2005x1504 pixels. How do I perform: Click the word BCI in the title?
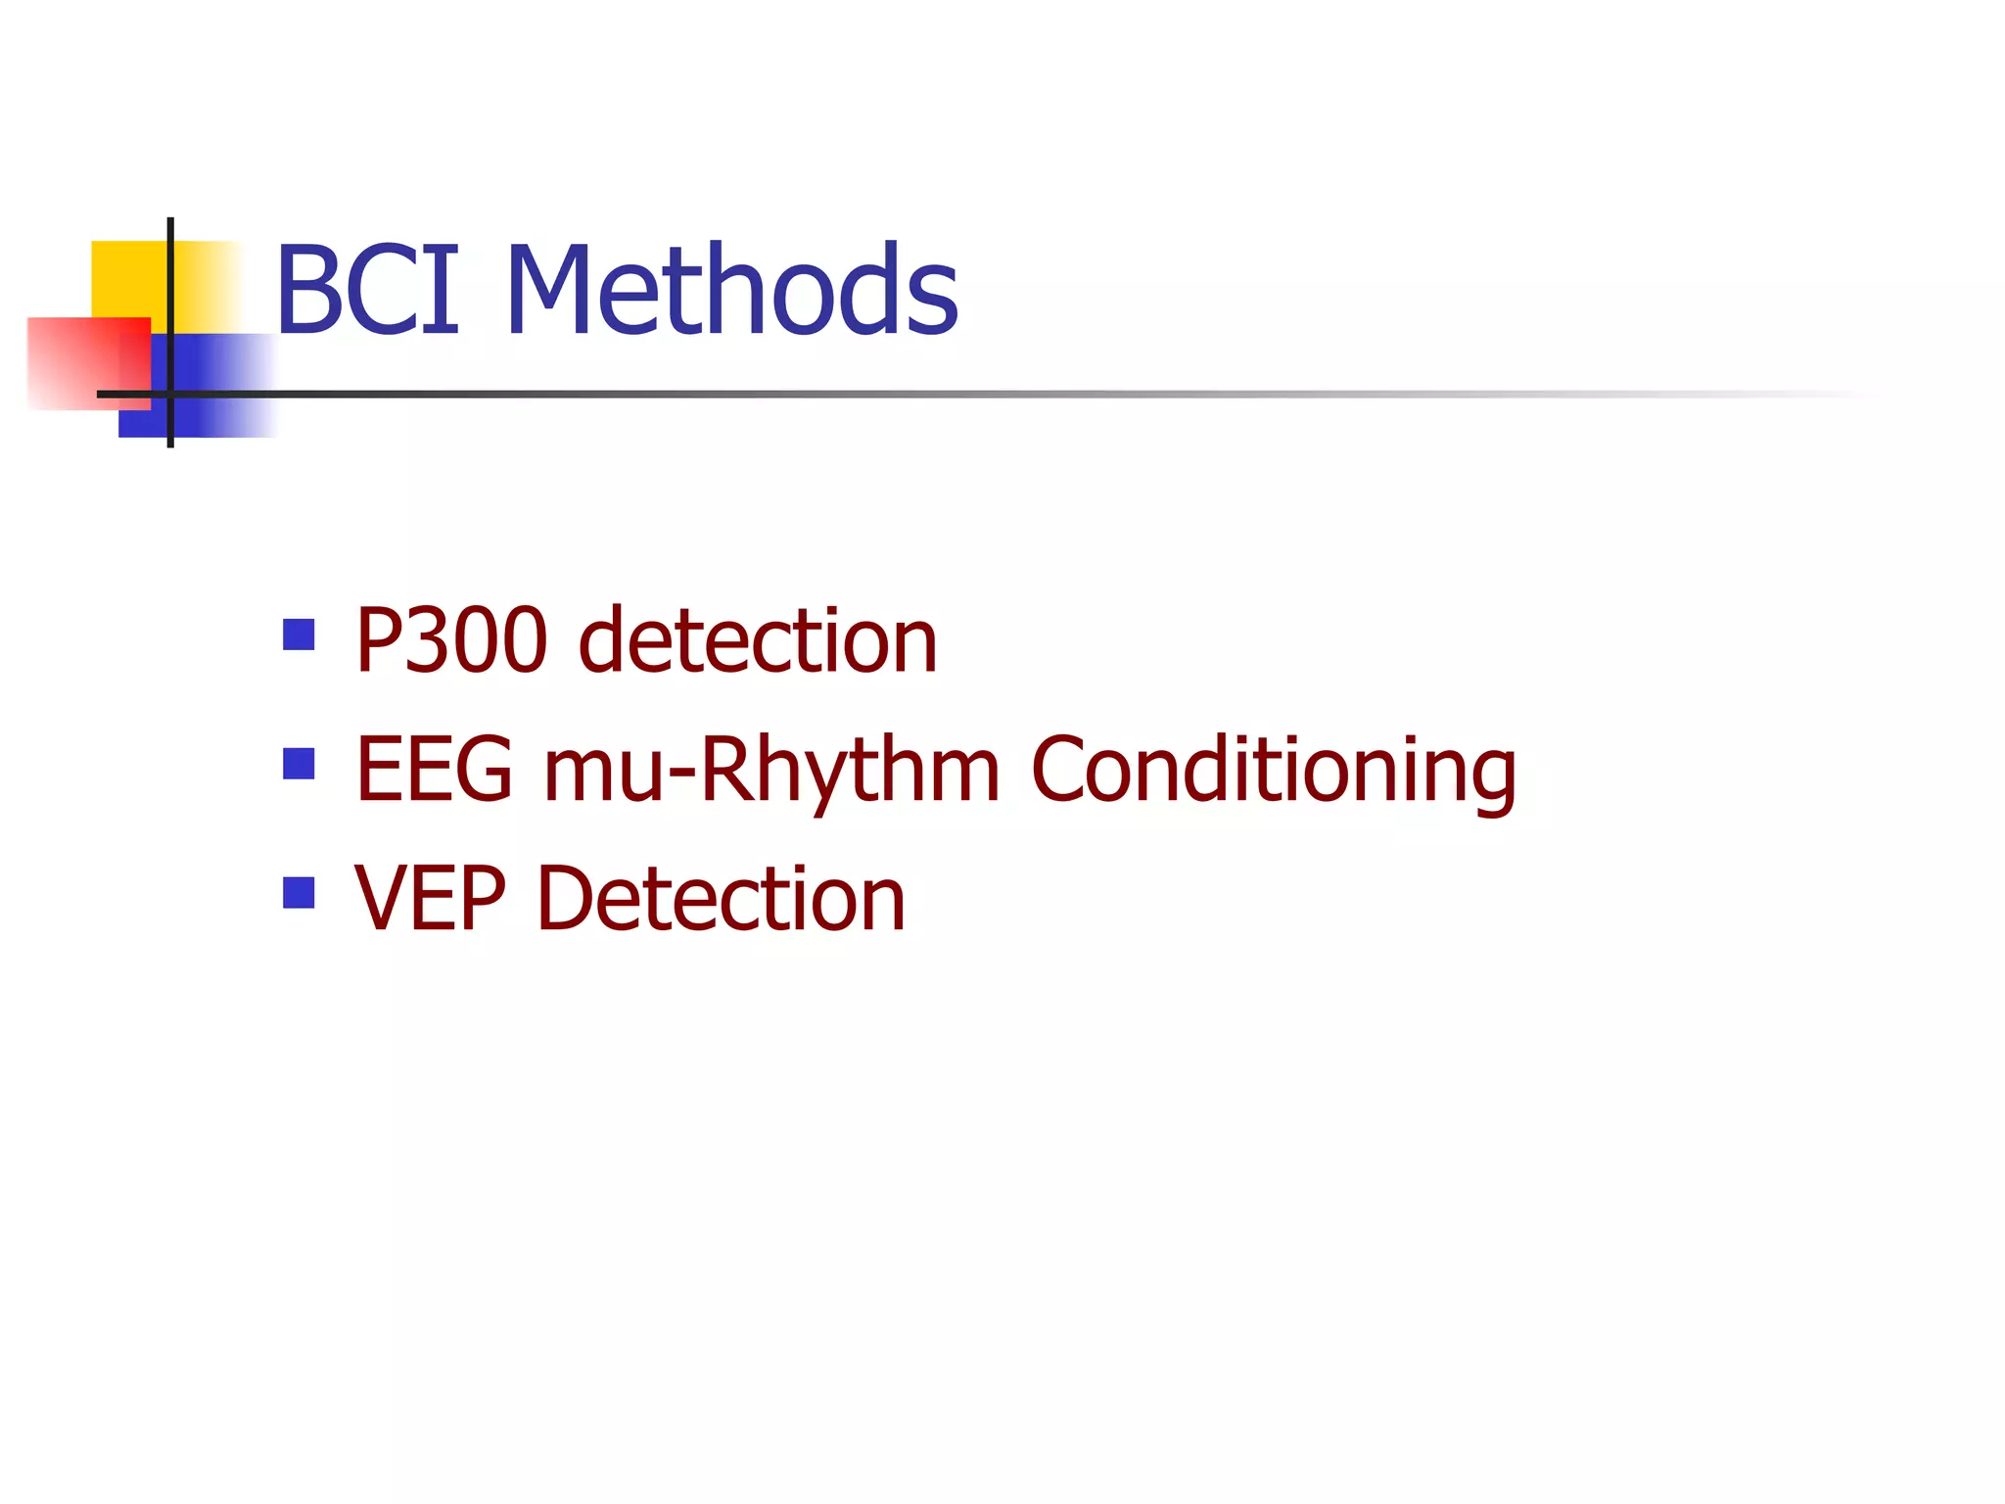click(x=367, y=290)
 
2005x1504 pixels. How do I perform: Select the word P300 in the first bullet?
click(x=450, y=640)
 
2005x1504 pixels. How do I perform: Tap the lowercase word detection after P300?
click(x=758, y=640)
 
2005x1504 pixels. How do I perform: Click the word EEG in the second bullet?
click(x=434, y=770)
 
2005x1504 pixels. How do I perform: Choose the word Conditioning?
click(x=1273, y=770)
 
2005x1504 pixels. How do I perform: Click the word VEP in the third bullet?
click(x=430, y=899)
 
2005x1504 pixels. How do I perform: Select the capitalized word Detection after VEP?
click(x=721, y=899)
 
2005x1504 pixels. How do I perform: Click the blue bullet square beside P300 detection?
click(x=299, y=634)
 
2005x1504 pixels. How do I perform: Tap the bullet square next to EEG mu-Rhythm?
click(x=299, y=764)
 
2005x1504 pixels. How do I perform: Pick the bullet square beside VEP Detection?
click(x=299, y=893)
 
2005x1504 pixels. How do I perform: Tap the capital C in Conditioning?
click(x=1061, y=770)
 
